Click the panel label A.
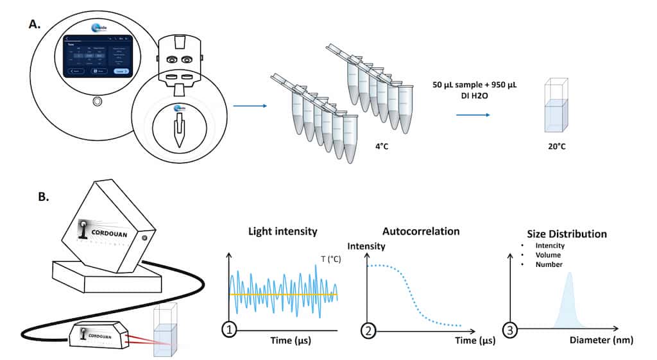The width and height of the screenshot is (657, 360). click(x=35, y=24)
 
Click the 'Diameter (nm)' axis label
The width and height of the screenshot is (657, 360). click(x=601, y=340)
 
